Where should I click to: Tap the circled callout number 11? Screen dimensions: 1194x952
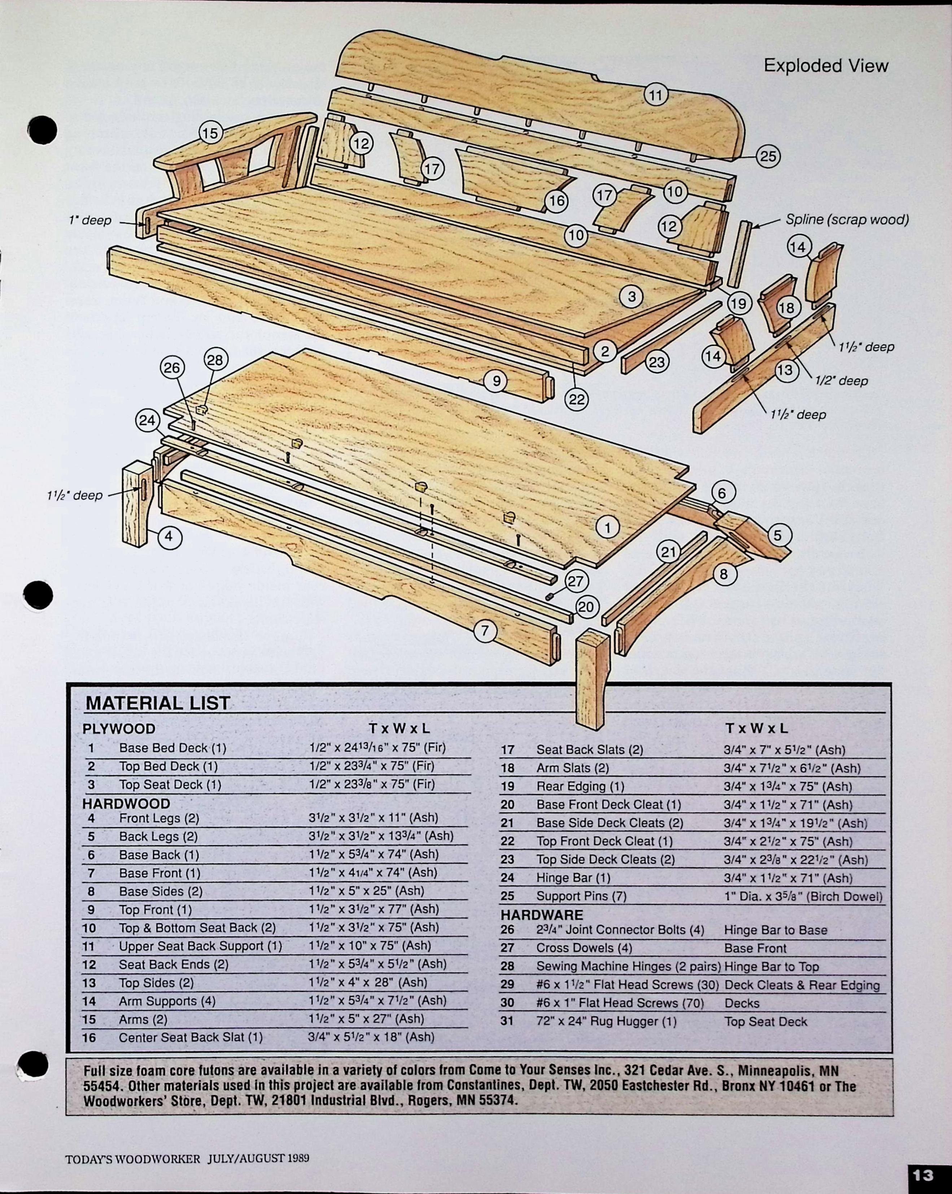(x=656, y=95)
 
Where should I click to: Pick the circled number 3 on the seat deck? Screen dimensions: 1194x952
(x=632, y=296)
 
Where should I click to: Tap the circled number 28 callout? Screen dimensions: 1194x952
(x=215, y=360)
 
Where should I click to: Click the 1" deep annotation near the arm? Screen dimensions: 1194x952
(x=90, y=220)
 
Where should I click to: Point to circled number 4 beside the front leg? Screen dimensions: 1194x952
(x=169, y=536)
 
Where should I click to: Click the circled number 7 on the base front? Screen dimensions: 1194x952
(x=485, y=631)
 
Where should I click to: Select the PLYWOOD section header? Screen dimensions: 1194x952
(x=119, y=729)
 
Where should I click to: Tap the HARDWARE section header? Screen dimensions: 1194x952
(x=541, y=915)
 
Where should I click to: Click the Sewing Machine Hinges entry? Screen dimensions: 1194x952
(x=628, y=966)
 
